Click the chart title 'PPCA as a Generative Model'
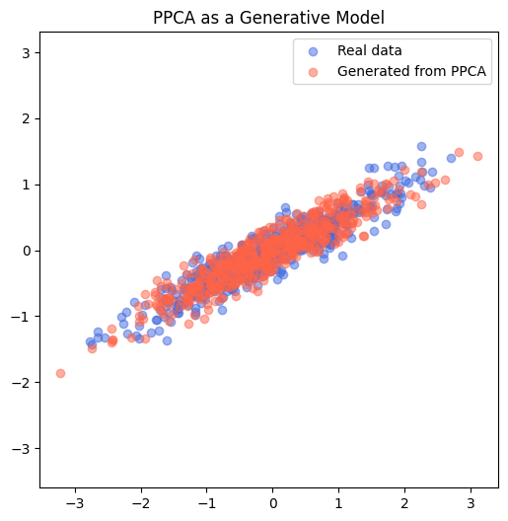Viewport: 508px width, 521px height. [x=269, y=18]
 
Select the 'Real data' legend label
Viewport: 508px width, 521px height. [x=369, y=50]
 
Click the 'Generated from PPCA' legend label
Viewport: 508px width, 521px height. [x=412, y=72]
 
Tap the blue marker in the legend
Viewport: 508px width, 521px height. [x=314, y=50]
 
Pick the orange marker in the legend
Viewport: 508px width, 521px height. [x=314, y=72]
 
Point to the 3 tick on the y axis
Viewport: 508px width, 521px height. [x=27, y=52]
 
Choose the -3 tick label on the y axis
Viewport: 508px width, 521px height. [x=23, y=448]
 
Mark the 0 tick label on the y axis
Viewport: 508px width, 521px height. [x=27, y=251]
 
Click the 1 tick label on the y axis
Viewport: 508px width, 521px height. [x=27, y=185]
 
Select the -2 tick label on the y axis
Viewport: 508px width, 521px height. [x=23, y=382]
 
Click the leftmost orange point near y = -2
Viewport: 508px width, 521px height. [x=60, y=373]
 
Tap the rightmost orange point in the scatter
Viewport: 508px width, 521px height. [x=477, y=156]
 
